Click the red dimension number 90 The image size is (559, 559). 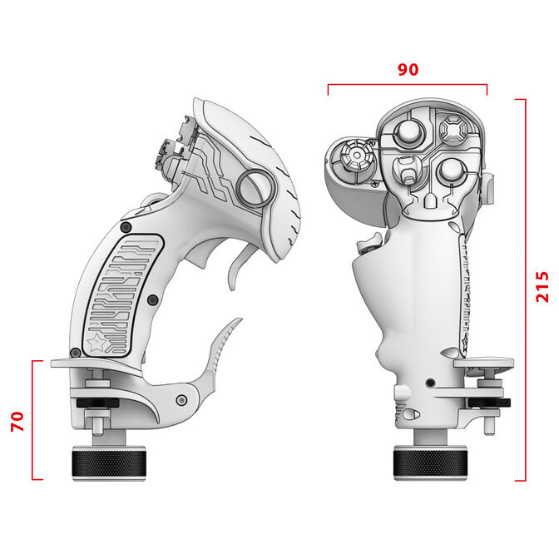pyautogui.click(x=408, y=70)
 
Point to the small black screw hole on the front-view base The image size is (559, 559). pyautogui.click(x=429, y=383)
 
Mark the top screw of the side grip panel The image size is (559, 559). pyautogui.click(x=125, y=227)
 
